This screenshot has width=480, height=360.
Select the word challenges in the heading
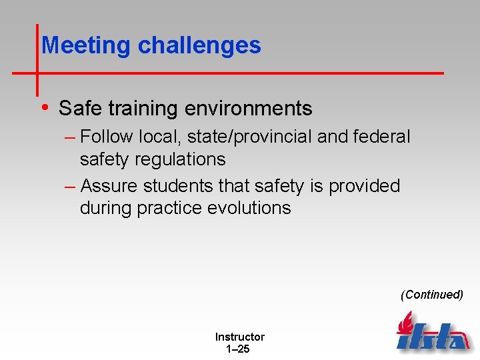coord(199,45)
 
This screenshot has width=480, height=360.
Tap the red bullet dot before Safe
coord(44,107)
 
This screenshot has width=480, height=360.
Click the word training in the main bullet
coord(145,108)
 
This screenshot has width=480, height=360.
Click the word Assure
coord(110,185)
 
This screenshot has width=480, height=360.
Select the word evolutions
coord(249,208)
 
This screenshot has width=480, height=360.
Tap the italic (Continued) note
coord(431,295)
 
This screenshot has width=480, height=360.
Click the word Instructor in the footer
coord(239,337)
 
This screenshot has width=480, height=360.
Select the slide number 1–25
coord(238,349)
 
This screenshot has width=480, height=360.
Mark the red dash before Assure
coord(71,186)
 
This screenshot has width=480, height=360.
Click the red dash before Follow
coord(71,137)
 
